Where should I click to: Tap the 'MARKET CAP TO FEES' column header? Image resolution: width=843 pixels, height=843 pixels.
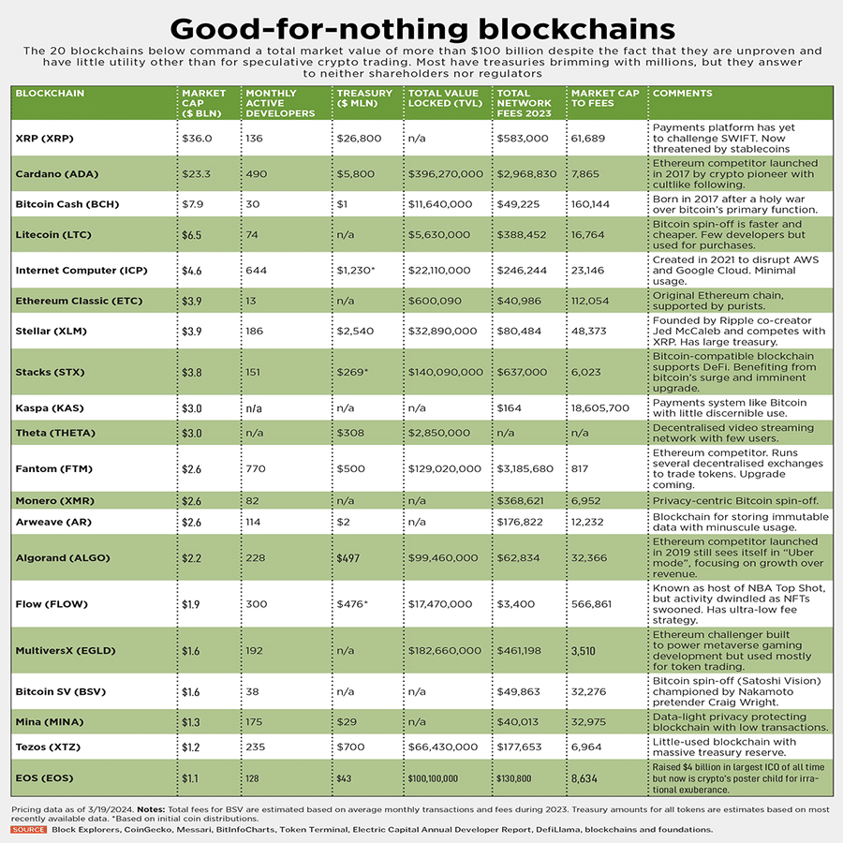click(x=605, y=98)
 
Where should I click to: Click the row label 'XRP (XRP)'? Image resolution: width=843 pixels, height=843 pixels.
click(x=44, y=138)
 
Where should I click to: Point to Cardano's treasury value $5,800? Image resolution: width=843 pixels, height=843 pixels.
click(x=356, y=174)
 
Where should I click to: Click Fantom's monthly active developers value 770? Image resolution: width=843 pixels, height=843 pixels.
click(x=257, y=468)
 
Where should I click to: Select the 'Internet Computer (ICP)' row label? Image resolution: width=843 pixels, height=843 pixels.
click(x=78, y=271)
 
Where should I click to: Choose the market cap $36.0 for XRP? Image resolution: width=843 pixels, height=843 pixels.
click(x=198, y=138)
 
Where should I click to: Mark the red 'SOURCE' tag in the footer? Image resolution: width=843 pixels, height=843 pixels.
click(x=29, y=829)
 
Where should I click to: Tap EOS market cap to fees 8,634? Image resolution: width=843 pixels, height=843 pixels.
click(x=591, y=778)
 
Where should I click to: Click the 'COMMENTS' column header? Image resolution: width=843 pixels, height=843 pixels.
click(x=683, y=94)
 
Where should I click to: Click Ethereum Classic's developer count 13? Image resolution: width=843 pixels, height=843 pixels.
click(x=251, y=301)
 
